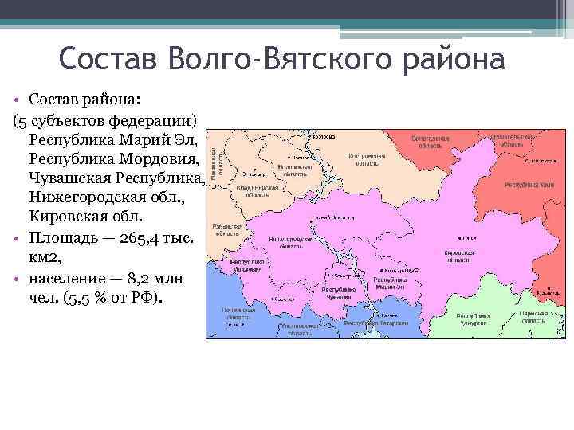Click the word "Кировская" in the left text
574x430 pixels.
[x=67, y=217]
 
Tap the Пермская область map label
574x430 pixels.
[x=537, y=319]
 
